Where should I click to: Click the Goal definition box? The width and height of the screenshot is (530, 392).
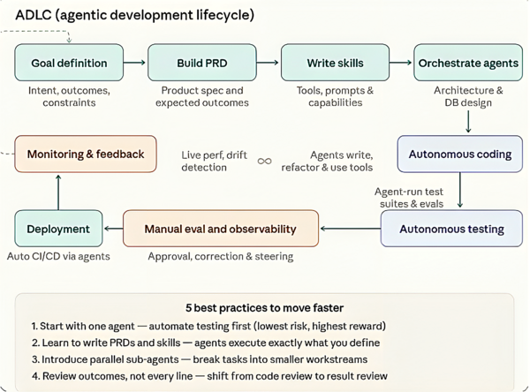(69, 63)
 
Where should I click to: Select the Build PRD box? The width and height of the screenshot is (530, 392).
(201, 63)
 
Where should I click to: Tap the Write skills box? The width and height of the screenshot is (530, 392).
(335, 63)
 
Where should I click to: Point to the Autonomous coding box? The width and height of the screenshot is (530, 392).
(459, 154)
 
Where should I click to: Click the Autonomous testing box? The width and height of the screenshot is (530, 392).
(451, 229)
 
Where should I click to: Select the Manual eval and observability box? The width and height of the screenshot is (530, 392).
(220, 229)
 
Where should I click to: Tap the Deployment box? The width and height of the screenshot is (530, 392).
(58, 229)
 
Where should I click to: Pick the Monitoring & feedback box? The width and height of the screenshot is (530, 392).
(86, 154)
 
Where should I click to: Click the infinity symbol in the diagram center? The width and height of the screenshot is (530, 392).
(264, 161)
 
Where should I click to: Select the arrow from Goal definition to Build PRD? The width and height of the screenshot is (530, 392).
(134, 63)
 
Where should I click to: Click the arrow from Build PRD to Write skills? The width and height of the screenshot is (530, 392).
(268, 63)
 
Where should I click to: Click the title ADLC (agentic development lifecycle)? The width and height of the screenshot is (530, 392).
(134, 15)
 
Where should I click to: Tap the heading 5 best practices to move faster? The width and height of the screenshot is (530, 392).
(264, 308)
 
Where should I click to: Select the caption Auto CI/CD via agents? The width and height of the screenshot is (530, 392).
(58, 257)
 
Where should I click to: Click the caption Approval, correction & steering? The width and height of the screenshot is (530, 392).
(220, 257)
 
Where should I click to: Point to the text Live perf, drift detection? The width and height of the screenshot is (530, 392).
(215, 161)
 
